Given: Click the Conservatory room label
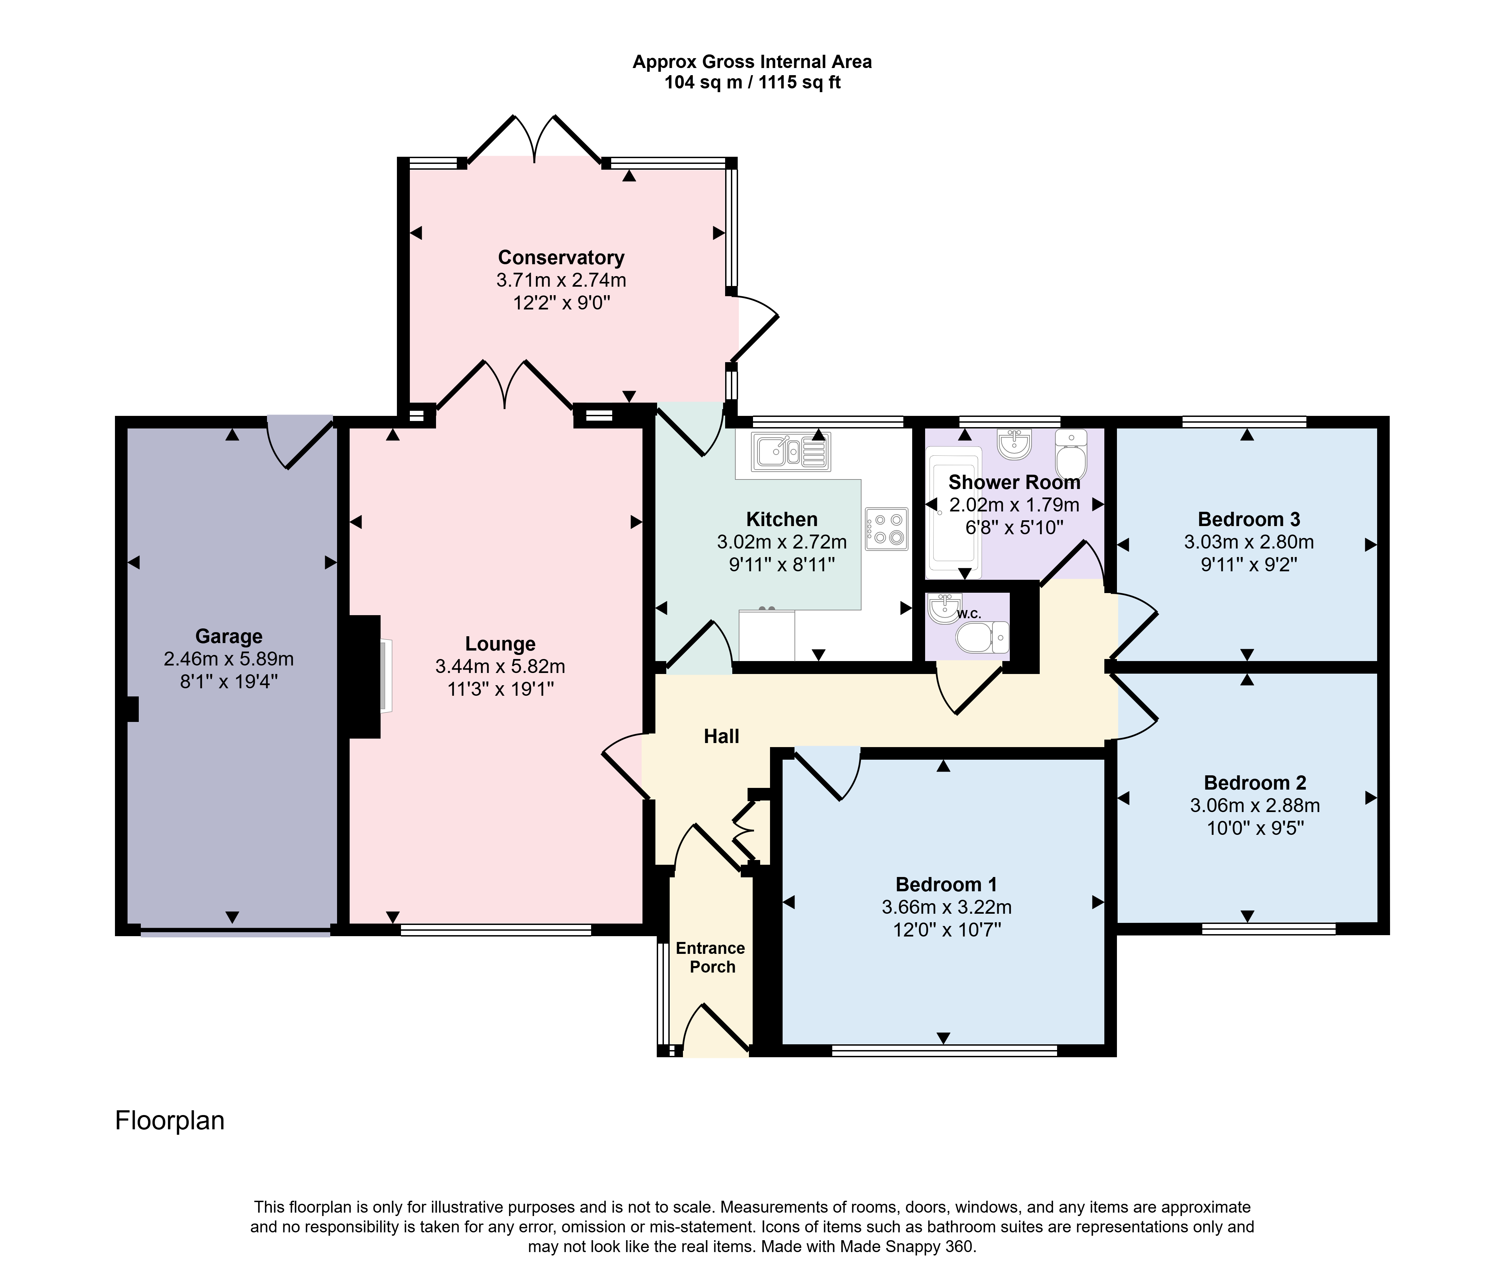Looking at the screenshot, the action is click(561, 258).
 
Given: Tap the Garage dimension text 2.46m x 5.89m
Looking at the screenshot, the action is click(229, 659).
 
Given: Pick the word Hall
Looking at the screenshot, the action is click(721, 737).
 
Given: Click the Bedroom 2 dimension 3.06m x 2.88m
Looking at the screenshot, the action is click(1255, 806).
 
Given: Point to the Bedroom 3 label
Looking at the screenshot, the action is click(1249, 519).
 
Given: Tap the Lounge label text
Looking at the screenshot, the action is click(500, 644).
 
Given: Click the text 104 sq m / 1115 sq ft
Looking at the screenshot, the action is click(752, 83).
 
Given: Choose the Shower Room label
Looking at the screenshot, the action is click(1014, 482).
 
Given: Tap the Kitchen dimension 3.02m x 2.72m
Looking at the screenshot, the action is click(782, 542).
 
